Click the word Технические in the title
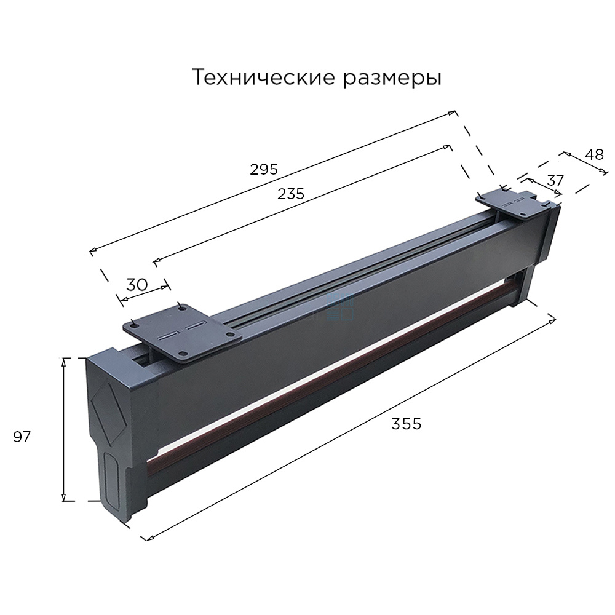coord(264,77)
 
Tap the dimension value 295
coord(264,169)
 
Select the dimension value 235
coord(291,194)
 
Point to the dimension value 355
coord(407,424)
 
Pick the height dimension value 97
coord(22,437)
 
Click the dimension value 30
coord(137,284)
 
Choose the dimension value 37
coord(555,180)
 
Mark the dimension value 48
coord(594,155)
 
